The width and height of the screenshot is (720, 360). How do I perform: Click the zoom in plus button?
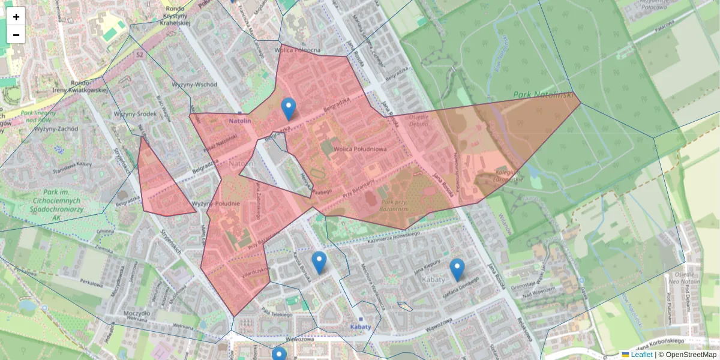(x=16, y=16)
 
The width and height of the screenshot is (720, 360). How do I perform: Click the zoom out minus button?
(x=16, y=35)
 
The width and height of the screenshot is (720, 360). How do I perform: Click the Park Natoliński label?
(x=544, y=95)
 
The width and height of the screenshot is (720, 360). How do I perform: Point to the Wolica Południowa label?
(x=360, y=148)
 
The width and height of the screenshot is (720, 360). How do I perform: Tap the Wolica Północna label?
(x=297, y=50)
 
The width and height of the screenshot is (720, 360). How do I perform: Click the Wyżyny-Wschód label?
(x=194, y=85)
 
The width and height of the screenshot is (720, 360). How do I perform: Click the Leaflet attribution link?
(x=641, y=355)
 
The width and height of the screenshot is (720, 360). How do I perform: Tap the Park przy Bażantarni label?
(x=395, y=205)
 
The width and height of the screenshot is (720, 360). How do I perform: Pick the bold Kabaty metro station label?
(x=360, y=327)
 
